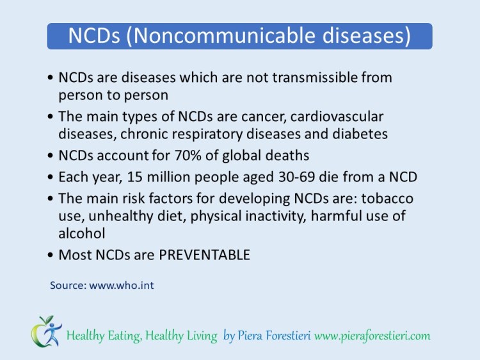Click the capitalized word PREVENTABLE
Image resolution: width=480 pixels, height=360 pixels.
pos(204,254)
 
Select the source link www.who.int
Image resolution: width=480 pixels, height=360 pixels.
pos(122,285)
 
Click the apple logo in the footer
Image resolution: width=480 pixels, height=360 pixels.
pos(45,331)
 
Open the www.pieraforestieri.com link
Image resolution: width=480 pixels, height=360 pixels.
pos(372,336)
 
